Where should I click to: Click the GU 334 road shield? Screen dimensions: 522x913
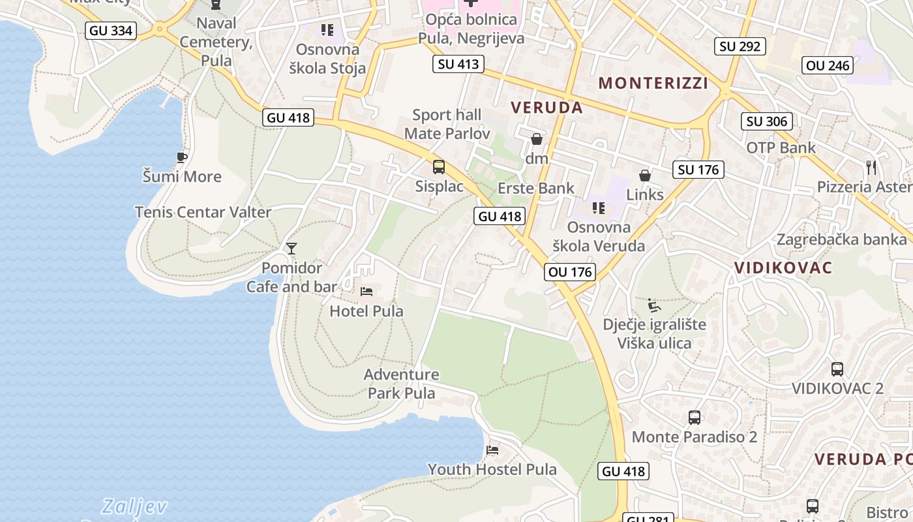[110, 30]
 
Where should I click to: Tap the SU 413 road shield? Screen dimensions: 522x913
[458, 64]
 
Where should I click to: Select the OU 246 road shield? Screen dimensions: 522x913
[828, 65]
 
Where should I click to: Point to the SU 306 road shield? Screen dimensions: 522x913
[767, 121]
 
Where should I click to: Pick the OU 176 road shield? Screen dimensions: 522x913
[571, 272]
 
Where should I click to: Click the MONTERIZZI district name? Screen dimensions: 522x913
[653, 83]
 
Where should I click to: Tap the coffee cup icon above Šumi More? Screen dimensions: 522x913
[182, 157]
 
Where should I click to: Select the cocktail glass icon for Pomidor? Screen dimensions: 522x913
[292, 249]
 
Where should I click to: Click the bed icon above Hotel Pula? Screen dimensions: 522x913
[367, 292]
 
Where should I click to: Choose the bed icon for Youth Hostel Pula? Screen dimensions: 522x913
[492, 450]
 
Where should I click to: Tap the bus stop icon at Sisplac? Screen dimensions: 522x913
[439, 167]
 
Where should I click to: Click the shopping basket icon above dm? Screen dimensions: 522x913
[537, 139]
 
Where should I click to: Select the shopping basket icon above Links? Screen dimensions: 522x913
[645, 176]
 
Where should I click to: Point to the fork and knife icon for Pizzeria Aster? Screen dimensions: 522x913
[871, 168]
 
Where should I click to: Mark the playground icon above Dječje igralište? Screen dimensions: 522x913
[654, 305]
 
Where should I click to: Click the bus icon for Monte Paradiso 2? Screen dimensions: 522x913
[695, 418]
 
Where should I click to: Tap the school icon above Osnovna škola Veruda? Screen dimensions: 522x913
[598, 208]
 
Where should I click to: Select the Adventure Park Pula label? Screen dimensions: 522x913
[401, 384]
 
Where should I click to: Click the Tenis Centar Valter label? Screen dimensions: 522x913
[203, 212]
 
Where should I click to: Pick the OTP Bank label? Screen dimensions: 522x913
[781, 147]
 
